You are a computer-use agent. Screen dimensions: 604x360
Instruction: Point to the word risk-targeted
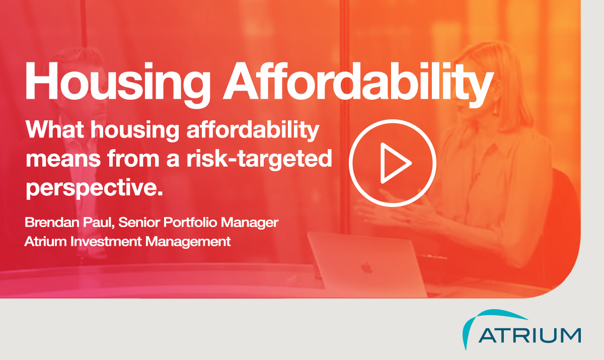point(259,159)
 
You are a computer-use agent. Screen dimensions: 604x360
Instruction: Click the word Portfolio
point(190,223)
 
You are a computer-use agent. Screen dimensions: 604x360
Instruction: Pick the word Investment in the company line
point(106,241)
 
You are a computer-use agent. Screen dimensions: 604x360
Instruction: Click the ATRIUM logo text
point(530,335)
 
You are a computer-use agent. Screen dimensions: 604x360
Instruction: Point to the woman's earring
point(495,110)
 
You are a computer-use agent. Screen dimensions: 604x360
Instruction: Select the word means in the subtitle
point(63,159)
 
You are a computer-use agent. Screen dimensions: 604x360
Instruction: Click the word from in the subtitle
point(133,159)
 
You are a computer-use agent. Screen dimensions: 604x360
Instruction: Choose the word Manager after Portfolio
point(250,223)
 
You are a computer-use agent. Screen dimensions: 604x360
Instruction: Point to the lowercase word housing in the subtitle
point(134,130)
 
